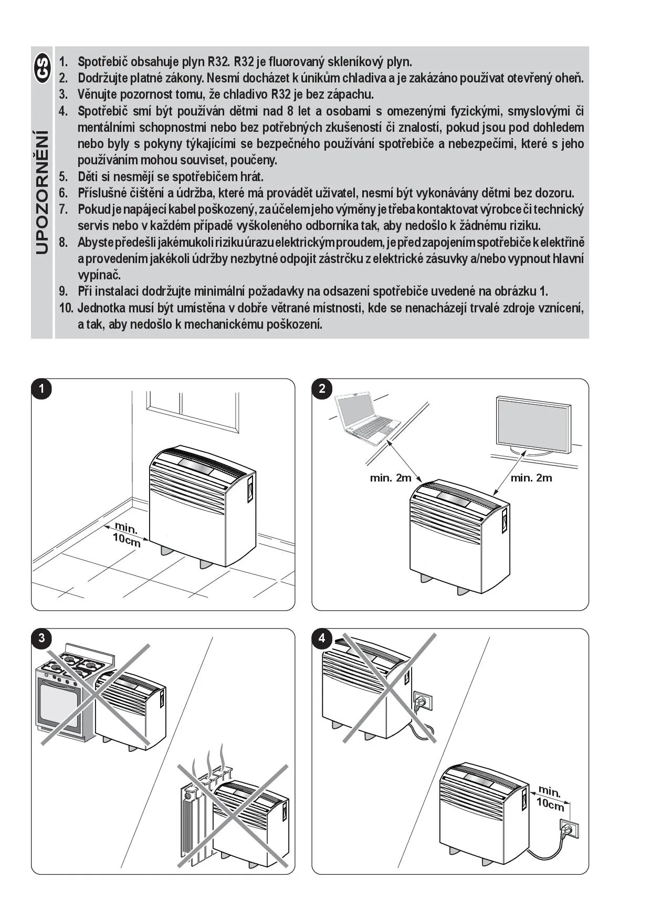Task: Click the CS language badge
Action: [x=42, y=68]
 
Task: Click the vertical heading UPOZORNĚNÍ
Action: [x=42, y=192]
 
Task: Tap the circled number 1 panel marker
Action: [x=41, y=389]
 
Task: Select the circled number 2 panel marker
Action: [x=322, y=389]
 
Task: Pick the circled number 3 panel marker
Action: [x=41, y=639]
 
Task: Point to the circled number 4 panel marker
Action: [x=322, y=639]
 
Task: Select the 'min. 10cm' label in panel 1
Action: [x=127, y=533]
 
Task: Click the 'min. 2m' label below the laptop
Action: [x=391, y=478]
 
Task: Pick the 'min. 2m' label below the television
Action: [x=531, y=478]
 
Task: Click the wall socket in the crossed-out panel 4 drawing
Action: [x=423, y=702]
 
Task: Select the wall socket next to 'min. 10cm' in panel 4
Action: [x=570, y=830]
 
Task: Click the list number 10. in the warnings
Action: [x=66, y=308]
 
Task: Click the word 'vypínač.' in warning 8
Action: [x=99, y=275]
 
